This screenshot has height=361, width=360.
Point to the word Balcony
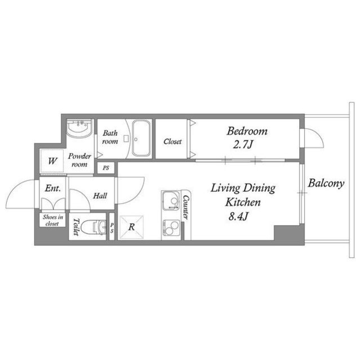326,183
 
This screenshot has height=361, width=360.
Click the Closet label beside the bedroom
172,142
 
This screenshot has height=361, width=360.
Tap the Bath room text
110,138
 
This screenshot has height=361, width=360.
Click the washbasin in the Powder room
78,130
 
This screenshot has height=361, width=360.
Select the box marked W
52,161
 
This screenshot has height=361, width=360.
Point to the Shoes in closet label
51,220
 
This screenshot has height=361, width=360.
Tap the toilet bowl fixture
93,227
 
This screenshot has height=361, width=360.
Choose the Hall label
100,196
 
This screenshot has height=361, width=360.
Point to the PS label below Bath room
106,168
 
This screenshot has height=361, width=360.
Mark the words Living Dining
243,187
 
